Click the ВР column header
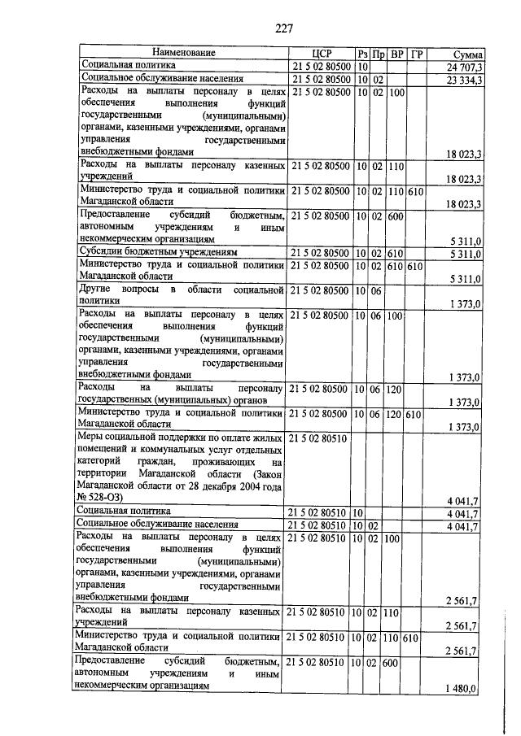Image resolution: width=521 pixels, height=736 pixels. pyautogui.click(x=396, y=54)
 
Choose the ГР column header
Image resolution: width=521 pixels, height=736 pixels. pyautogui.click(x=417, y=54)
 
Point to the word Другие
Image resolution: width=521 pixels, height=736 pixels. pyautogui.click(x=99, y=290)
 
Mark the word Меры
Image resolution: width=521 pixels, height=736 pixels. pyautogui.click(x=91, y=438)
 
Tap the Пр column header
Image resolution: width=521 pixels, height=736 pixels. pyautogui.click(x=378, y=54)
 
